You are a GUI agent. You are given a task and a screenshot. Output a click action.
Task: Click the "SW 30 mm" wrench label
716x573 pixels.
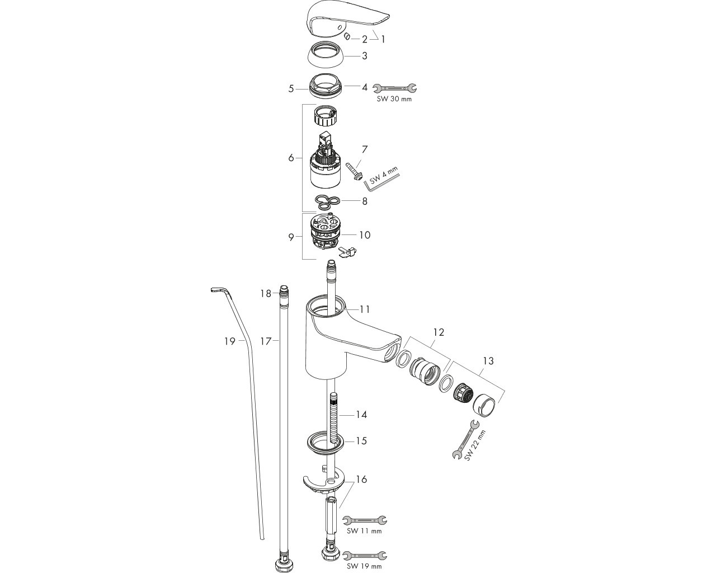tap(394, 99)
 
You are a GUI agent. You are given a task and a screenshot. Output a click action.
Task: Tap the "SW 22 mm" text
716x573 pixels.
tap(475, 445)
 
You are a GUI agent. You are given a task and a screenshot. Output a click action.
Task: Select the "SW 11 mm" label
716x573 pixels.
tap(364, 530)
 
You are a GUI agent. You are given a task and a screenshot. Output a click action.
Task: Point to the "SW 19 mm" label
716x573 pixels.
tap(364, 566)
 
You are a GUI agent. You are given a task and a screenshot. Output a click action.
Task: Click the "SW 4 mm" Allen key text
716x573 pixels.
tap(384, 176)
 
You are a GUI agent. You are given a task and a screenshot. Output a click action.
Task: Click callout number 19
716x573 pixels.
tap(229, 341)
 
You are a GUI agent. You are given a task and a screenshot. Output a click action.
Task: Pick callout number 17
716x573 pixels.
tap(266, 341)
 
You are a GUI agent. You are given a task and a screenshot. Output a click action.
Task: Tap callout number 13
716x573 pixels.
tap(488, 361)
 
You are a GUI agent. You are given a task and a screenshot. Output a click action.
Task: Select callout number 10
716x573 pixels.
tap(365, 235)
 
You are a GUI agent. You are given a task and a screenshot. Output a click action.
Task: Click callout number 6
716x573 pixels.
tap(291, 158)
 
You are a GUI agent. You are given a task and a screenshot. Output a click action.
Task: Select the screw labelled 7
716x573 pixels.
tap(352, 171)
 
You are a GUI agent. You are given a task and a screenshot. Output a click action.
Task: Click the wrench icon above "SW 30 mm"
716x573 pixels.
tap(394, 88)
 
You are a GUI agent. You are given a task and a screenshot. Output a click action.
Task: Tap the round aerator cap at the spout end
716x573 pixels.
tap(484, 405)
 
